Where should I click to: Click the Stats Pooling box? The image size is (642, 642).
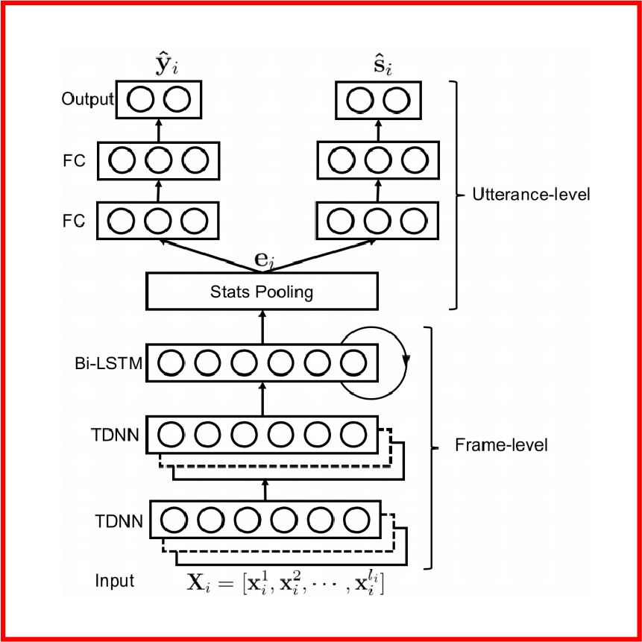pos(262,292)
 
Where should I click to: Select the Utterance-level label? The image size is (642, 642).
pos(532,195)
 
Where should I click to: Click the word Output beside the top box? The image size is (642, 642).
pos(87,99)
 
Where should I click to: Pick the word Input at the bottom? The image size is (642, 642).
pos(115,580)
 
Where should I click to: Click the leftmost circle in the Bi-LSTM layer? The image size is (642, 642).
pos(171,363)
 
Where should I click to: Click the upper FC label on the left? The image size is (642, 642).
pos(75,159)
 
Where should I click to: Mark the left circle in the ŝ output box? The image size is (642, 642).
pos(359,100)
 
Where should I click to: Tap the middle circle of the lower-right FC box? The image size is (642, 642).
pos(377,221)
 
